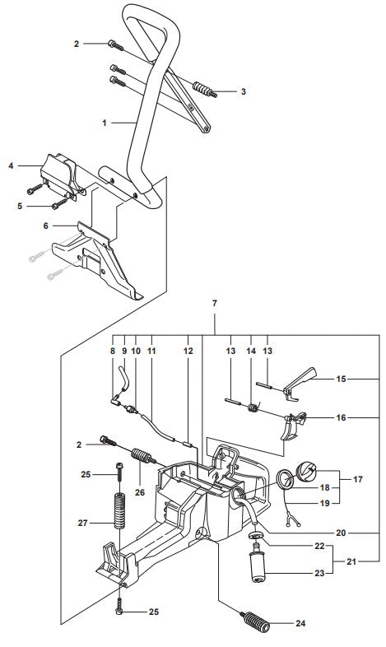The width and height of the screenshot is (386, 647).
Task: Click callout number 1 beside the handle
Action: point(105,123)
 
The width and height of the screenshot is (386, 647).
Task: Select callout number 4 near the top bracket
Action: point(11,166)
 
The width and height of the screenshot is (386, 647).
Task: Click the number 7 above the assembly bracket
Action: point(215,304)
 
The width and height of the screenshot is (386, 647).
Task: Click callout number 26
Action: point(140,493)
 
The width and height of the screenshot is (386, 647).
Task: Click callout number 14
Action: point(253,349)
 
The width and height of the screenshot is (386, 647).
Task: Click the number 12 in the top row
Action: point(188,349)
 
